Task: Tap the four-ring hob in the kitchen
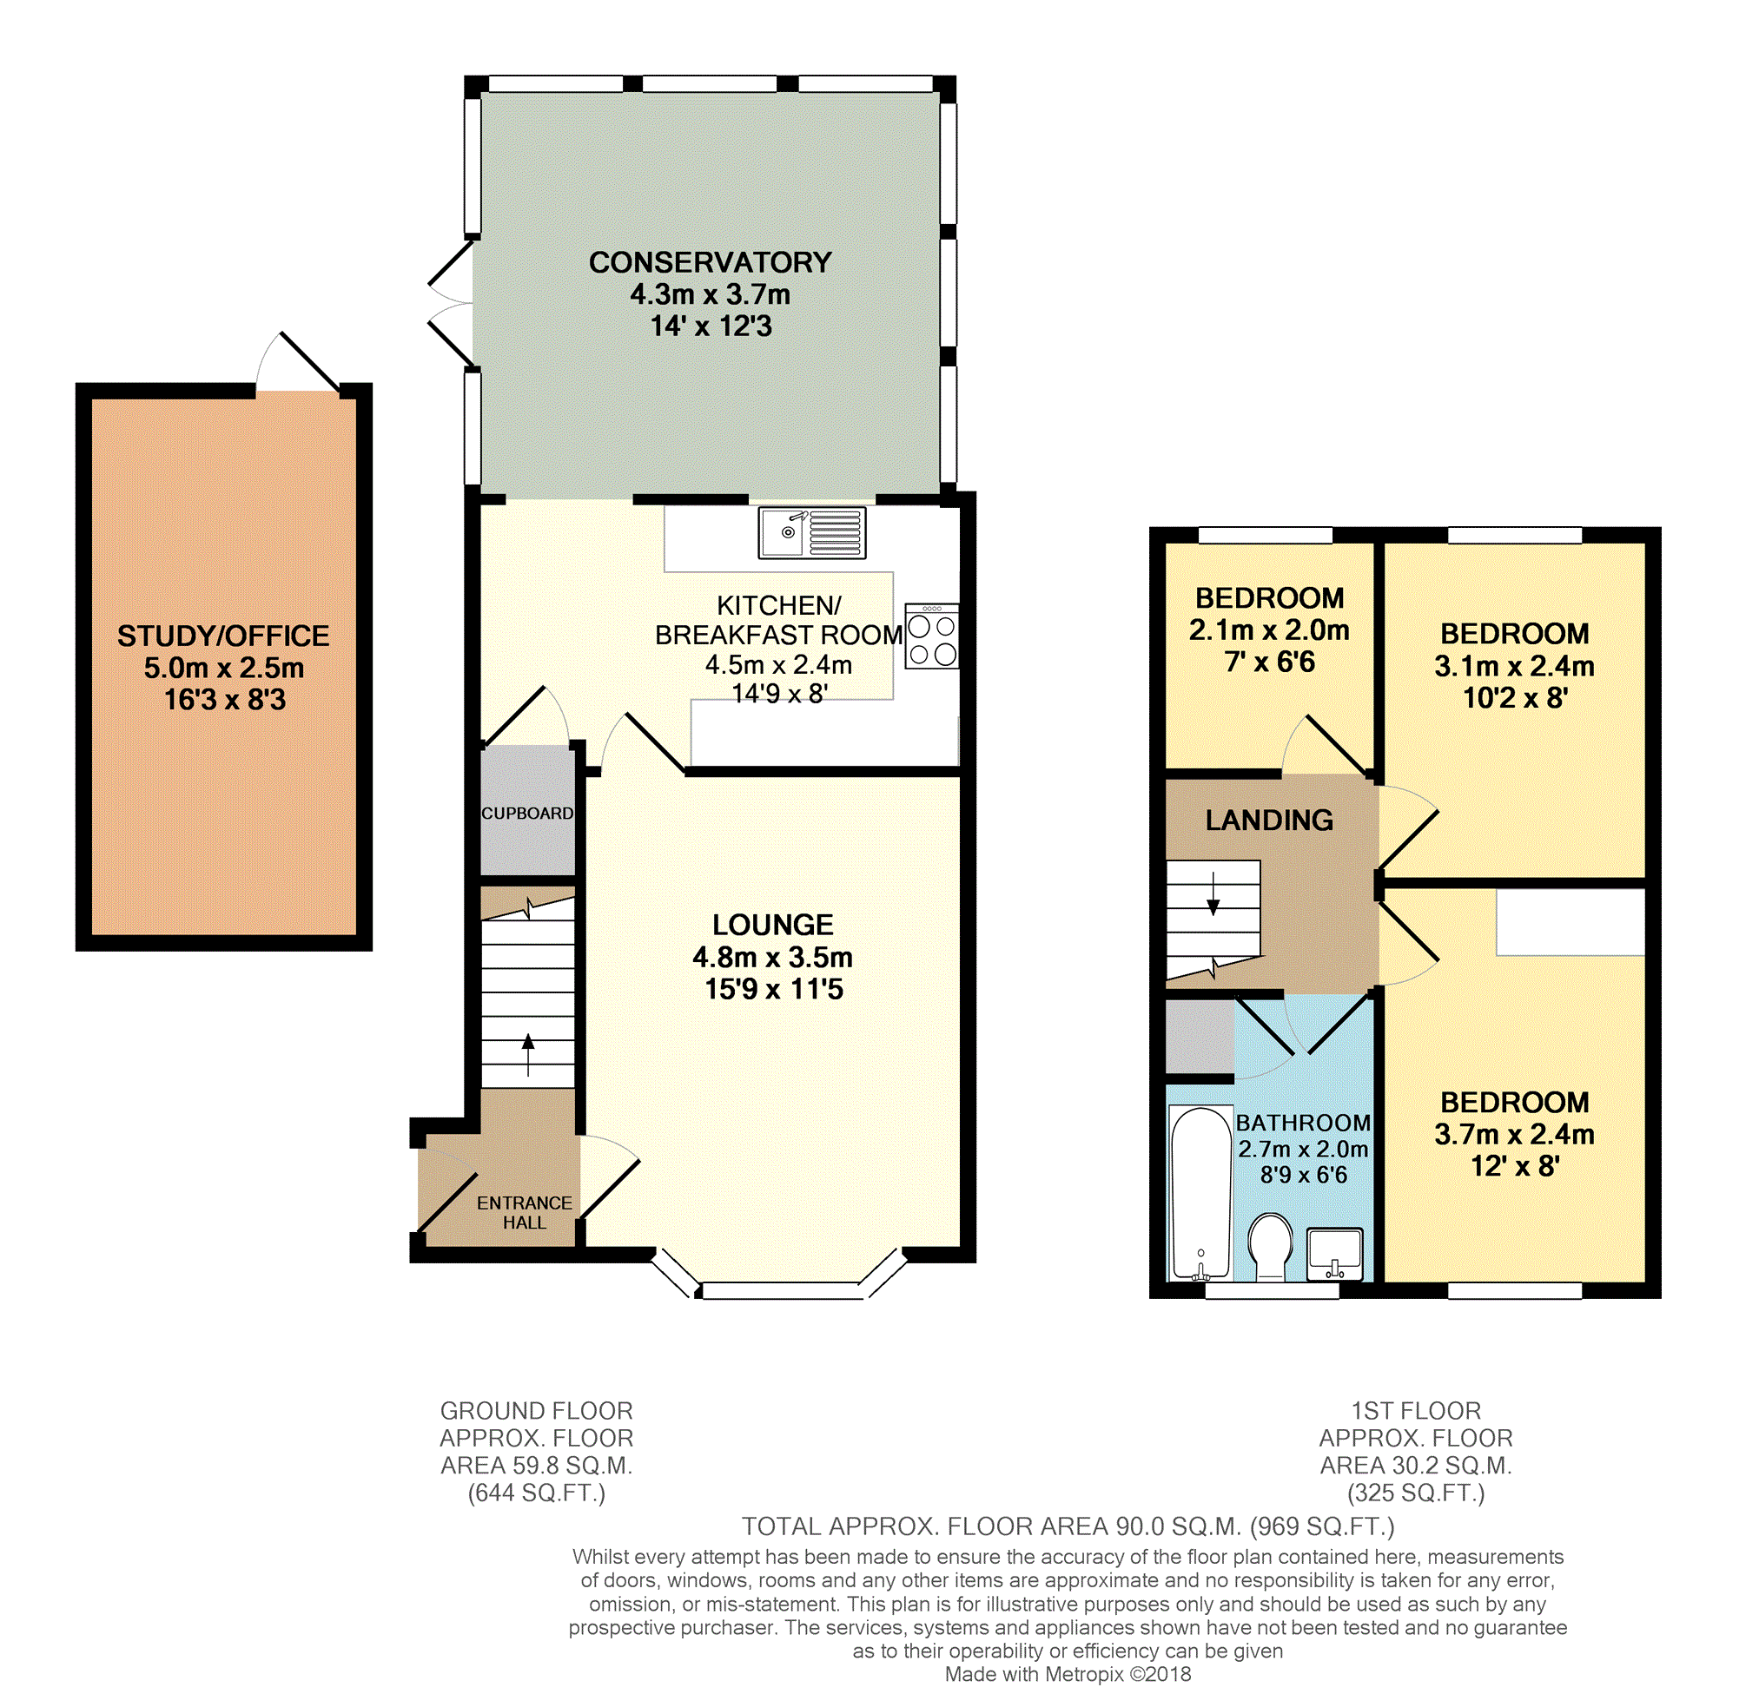click(x=931, y=636)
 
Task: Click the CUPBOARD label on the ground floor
click(x=526, y=813)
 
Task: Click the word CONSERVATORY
click(x=710, y=262)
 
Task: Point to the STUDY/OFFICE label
click(x=223, y=636)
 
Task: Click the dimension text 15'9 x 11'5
click(x=774, y=989)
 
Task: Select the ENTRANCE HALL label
click(x=524, y=1212)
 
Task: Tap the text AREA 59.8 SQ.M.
click(x=536, y=1465)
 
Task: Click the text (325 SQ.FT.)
click(x=1415, y=1493)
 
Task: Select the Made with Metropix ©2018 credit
click(x=1067, y=1673)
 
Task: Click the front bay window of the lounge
click(x=779, y=1290)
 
